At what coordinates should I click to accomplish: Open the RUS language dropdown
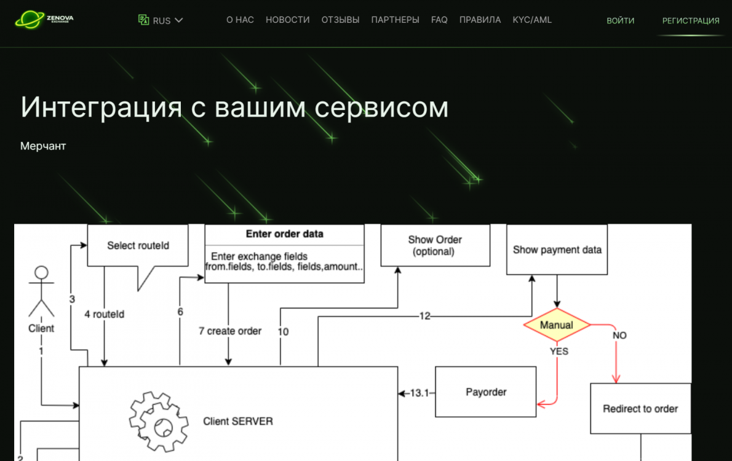tap(161, 20)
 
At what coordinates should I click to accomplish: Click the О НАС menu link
tap(240, 20)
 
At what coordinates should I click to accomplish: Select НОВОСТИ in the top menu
tap(288, 20)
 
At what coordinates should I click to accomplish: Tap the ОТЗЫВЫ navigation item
tap(340, 20)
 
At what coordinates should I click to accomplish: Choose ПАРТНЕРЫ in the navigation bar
tap(395, 20)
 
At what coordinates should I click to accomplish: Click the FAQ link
tap(439, 20)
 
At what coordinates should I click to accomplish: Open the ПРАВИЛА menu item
tap(480, 20)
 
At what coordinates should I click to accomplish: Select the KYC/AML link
tap(532, 20)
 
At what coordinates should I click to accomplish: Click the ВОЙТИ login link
tap(621, 20)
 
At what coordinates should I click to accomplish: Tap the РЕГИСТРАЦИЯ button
tap(691, 20)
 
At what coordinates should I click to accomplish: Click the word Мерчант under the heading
tap(43, 146)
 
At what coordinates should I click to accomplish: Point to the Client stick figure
tap(41, 292)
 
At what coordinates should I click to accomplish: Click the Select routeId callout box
tap(138, 246)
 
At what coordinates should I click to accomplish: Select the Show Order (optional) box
tap(435, 245)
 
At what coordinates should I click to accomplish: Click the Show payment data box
tap(557, 250)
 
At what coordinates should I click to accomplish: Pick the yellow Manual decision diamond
tap(557, 325)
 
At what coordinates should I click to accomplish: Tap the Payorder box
tap(485, 392)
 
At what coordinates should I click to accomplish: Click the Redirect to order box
tap(640, 409)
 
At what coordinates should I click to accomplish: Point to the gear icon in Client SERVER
tap(159, 422)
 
